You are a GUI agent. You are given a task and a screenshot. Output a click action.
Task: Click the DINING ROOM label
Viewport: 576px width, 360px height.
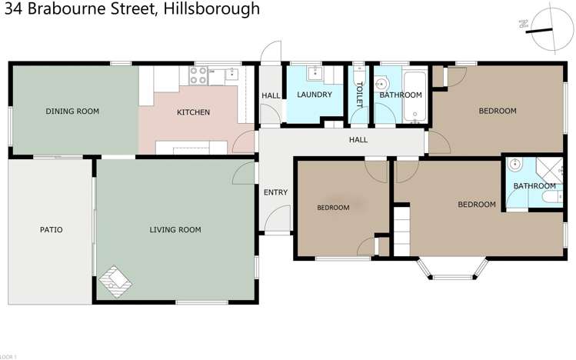pos(72,112)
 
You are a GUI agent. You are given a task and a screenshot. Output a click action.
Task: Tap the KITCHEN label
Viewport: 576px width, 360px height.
pos(193,112)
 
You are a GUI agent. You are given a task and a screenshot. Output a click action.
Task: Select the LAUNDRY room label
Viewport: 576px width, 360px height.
pos(314,95)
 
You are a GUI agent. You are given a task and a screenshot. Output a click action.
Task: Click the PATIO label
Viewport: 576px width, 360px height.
pos(52,229)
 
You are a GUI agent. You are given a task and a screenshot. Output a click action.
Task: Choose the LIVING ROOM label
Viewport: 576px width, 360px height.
pos(175,229)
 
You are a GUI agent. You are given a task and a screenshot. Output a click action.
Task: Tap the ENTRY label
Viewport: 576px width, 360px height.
pos(275,192)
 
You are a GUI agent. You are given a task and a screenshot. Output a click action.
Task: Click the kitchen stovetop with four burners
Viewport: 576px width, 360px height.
pos(198,75)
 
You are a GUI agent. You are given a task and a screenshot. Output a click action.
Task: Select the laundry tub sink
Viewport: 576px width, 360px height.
pos(314,74)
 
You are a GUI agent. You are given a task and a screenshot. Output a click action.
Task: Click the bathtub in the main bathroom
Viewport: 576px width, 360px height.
pos(415,95)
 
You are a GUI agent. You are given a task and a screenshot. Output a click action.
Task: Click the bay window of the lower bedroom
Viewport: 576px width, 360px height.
pos(453,268)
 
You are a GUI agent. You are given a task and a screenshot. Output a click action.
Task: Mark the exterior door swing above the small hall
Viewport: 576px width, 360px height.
pos(268,52)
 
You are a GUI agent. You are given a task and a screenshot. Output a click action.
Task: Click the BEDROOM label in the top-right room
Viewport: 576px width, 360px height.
pos(498,111)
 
